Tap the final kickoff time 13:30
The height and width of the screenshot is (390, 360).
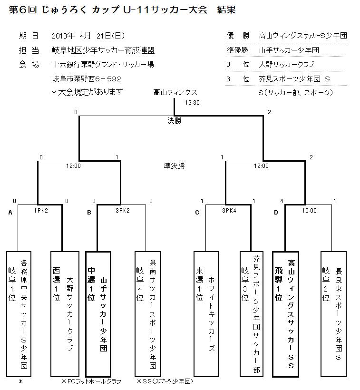click(193, 103)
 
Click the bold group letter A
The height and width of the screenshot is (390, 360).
click(10, 213)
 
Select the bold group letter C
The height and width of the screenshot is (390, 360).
click(197, 213)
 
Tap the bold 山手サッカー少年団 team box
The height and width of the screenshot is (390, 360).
click(98, 314)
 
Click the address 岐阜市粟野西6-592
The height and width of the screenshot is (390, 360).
click(87, 79)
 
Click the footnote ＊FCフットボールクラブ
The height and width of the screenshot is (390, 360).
click(91, 381)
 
